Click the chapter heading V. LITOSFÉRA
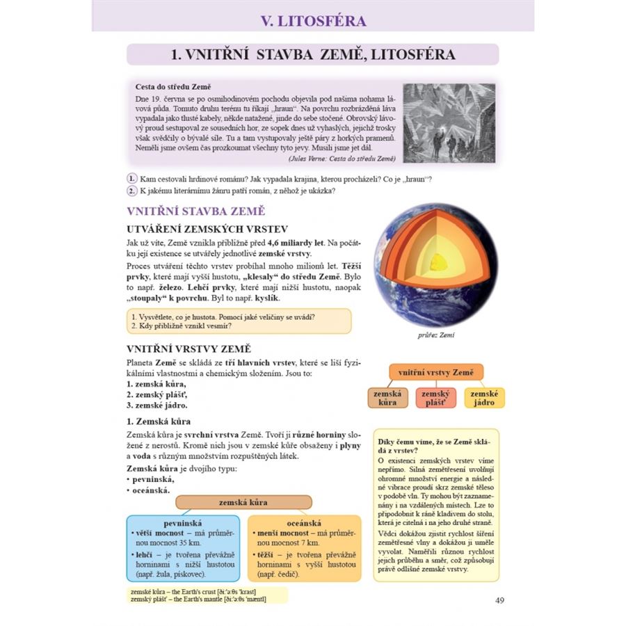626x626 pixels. [x=313, y=20]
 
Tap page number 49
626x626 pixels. [x=499, y=600]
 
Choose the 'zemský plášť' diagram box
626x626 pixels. [x=435, y=398]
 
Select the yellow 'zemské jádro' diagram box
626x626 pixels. [x=484, y=398]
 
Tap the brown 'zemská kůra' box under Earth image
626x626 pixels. [x=387, y=398]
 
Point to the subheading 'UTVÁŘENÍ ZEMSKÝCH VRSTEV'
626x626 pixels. [x=207, y=229]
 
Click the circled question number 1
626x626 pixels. [x=131, y=179]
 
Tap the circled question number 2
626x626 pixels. [x=131, y=191]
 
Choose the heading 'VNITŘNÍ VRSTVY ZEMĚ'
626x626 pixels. [x=188, y=348]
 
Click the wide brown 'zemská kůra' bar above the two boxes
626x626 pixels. [x=243, y=502]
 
